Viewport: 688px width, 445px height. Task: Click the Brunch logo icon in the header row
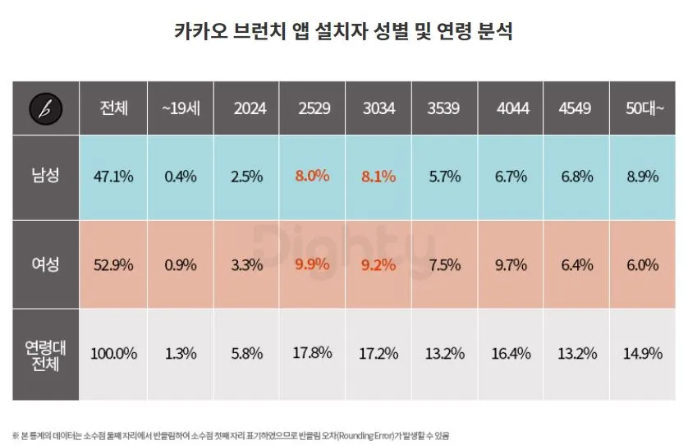(x=45, y=108)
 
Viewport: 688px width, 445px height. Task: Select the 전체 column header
(x=113, y=108)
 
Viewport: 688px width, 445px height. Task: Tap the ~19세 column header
(x=180, y=108)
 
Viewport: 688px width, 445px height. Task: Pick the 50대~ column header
(x=643, y=108)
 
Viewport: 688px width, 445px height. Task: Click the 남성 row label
(x=45, y=176)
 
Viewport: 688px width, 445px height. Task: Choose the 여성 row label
(x=45, y=264)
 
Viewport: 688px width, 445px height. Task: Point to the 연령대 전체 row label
(x=45, y=354)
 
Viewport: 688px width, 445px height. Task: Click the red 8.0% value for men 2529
(x=313, y=176)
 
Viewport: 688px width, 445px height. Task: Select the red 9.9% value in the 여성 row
(x=313, y=264)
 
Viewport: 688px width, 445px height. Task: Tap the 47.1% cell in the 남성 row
(x=113, y=176)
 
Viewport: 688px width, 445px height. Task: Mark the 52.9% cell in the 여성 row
(x=113, y=264)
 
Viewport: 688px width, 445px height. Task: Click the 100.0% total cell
(x=113, y=354)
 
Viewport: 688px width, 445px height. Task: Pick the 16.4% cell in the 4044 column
(x=512, y=354)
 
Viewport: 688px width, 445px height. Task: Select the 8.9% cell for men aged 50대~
(x=643, y=176)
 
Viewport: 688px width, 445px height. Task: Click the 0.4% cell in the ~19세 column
(x=180, y=176)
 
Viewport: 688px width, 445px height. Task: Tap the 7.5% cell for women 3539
(x=445, y=264)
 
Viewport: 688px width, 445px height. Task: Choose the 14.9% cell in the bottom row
(x=643, y=354)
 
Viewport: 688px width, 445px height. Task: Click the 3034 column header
(x=378, y=108)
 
